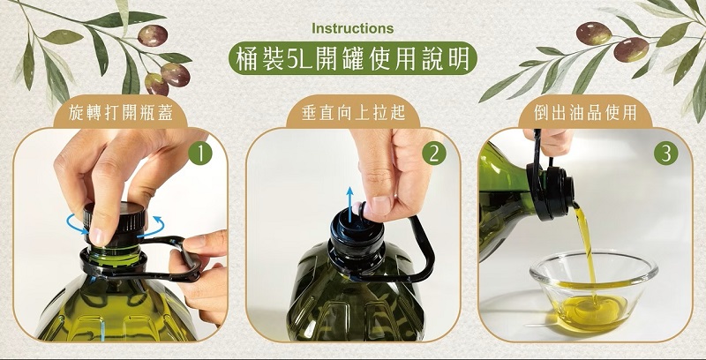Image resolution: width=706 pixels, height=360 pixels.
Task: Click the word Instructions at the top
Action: pyautogui.click(x=352, y=28)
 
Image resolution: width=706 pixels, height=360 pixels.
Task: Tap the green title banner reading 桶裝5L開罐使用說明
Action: pyautogui.click(x=352, y=58)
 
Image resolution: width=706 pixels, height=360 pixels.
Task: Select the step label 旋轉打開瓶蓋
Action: pyautogui.click(x=120, y=113)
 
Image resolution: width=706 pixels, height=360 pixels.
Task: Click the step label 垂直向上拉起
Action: pyautogui.click(x=353, y=113)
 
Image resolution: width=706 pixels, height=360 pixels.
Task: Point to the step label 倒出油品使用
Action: pyautogui.click(x=585, y=113)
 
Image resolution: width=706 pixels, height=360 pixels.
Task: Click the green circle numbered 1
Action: pyautogui.click(x=200, y=154)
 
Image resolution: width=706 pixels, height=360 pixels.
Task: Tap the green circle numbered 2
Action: pyautogui.click(x=434, y=154)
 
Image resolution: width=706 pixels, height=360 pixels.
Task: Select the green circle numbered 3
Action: pyautogui.click(x=666, y=154)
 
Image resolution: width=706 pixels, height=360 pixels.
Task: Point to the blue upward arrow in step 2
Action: pyautogui.click(x=349, y=205)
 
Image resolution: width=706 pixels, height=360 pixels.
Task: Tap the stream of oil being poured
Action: pyautogui.click(x=585, y=252)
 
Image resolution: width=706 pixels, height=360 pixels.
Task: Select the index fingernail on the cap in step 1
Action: pyautogui.click(x=96, y=236)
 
